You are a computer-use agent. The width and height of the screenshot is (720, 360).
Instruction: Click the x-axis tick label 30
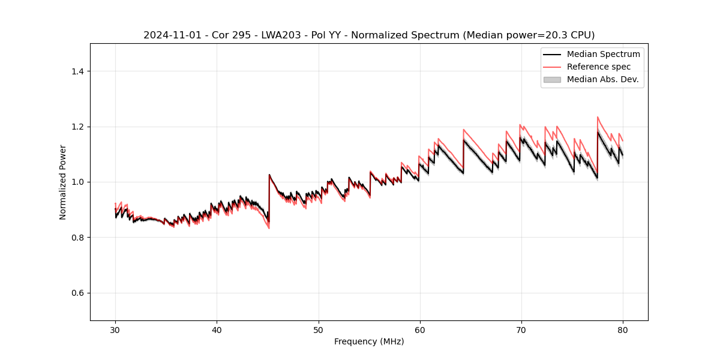pyautogui.click(x=115, y=329)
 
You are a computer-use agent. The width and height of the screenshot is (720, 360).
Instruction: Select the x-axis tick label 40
pyautogui.click(x=217, y=329)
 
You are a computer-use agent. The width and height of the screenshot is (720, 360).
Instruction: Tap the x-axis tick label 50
pyautogui.click(x=318, y=329)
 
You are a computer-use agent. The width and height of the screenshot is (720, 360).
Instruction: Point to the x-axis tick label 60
pyautogui.click(x=420, y=329)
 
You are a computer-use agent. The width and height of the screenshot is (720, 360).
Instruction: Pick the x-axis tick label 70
pyautogui.click(x=521, y=329)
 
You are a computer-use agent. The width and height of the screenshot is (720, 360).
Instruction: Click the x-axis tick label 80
pyautogui.click(x=623, y=329)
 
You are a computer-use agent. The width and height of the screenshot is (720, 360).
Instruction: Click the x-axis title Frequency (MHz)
pyautogui.click(x=369, y=341)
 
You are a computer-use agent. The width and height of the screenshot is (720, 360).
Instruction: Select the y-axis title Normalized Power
pyautogui.click(x=63, y=182)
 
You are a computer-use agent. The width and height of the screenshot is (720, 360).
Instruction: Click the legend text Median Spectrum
pyautogui.click(x=603, y=54)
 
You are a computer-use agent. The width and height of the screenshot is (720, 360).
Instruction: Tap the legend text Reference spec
pyautogui.click(x=599, y=67)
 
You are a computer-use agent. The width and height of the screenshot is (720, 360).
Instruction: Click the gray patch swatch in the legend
pyautogui.click(x=552, y=79)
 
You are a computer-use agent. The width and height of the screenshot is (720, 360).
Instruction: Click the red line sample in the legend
pyautogui.click(x=552, y=67)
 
